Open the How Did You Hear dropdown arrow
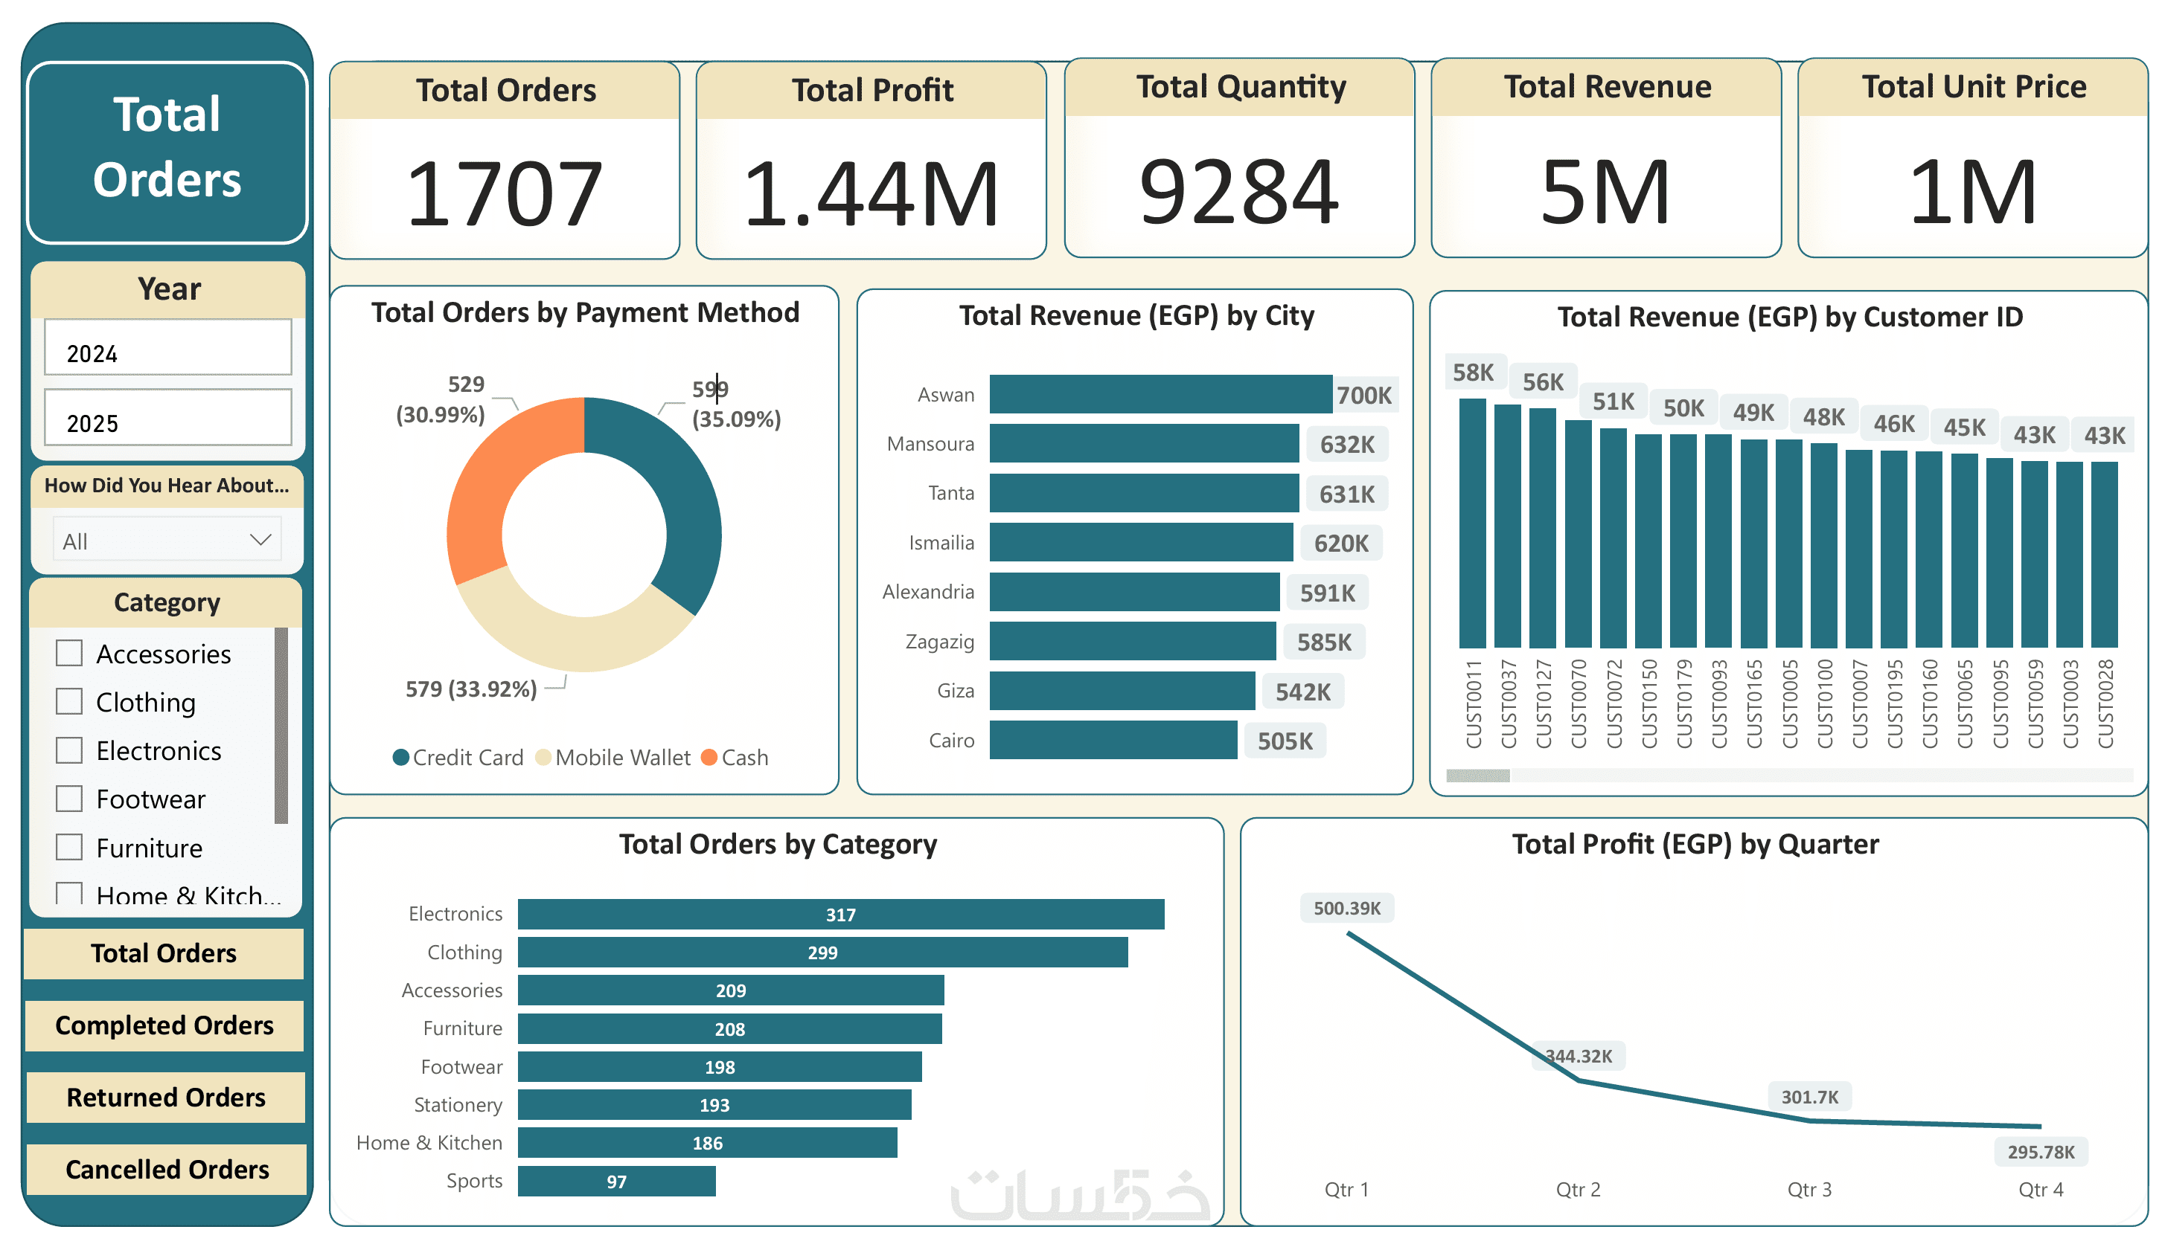(x=260, y=540)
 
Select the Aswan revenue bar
(x=1160, y=395)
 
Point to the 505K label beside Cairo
(x=1285, y=741)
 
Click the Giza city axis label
(x=955, y=691)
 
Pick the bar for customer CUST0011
(x=1472, y=523)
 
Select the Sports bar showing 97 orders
(x=616, y=1182)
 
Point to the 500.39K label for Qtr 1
(x=1346, y=908)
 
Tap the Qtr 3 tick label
(x=1809, y=1190)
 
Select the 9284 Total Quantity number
(x=1238, y=192)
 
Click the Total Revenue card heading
(x=1607, y=87)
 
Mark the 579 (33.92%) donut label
(x=470, y=689)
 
